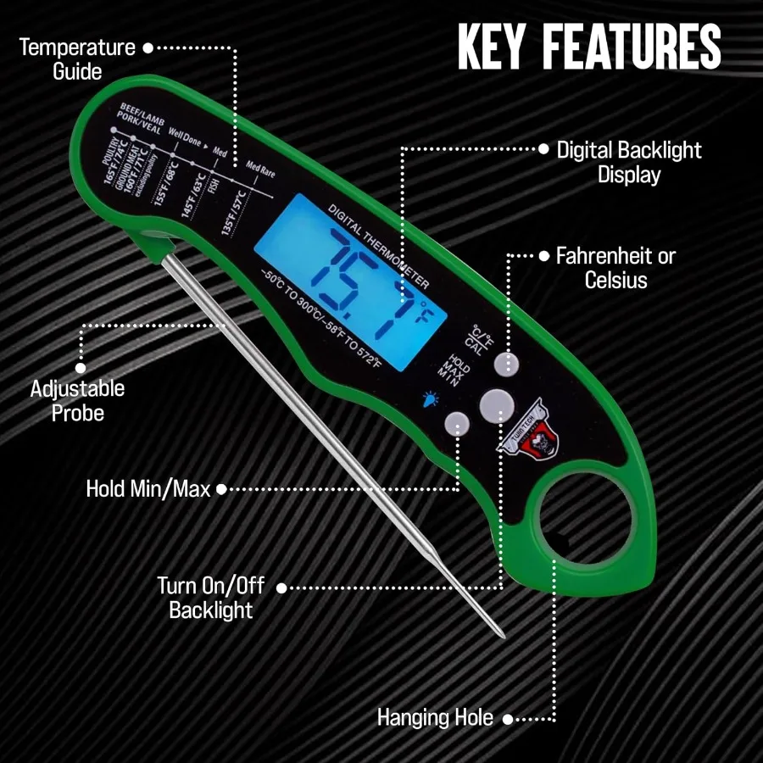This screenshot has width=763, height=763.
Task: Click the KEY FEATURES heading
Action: pyautogui.click(x=589, y=47)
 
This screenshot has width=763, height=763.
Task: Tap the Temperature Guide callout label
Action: pyautogui.click(x=77, y=59)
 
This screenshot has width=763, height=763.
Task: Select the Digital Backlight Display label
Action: pyautogui.click(x=629, y=163)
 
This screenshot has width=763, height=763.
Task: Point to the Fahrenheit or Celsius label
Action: pyautogui.click(x=616, y=268)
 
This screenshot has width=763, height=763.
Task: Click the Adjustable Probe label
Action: pyautogui.click(x=77, y=401)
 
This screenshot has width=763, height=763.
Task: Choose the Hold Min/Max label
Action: pyautogui.click(x=148, y=489)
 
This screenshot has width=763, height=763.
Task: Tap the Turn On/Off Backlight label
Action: pyautogui.click(x=211, y=598)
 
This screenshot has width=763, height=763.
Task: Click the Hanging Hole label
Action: pyautogui.click(x=435, y=718)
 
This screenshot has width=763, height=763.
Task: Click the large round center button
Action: pyautogui.click(x=494, y=404)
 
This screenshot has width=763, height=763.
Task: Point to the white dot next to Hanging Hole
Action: pyautogui.click(x=507, y=719)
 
